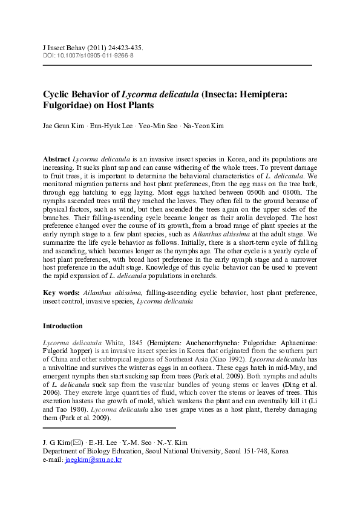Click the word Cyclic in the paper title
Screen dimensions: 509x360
pos(57,94)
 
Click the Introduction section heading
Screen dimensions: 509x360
pos(63,326)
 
